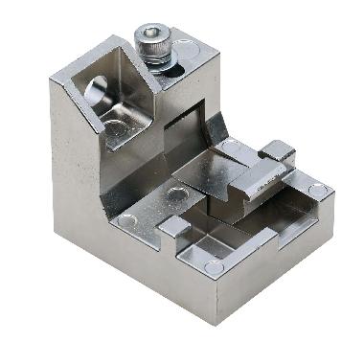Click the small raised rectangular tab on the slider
click(276, 149)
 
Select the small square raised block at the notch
click(175, 227)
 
